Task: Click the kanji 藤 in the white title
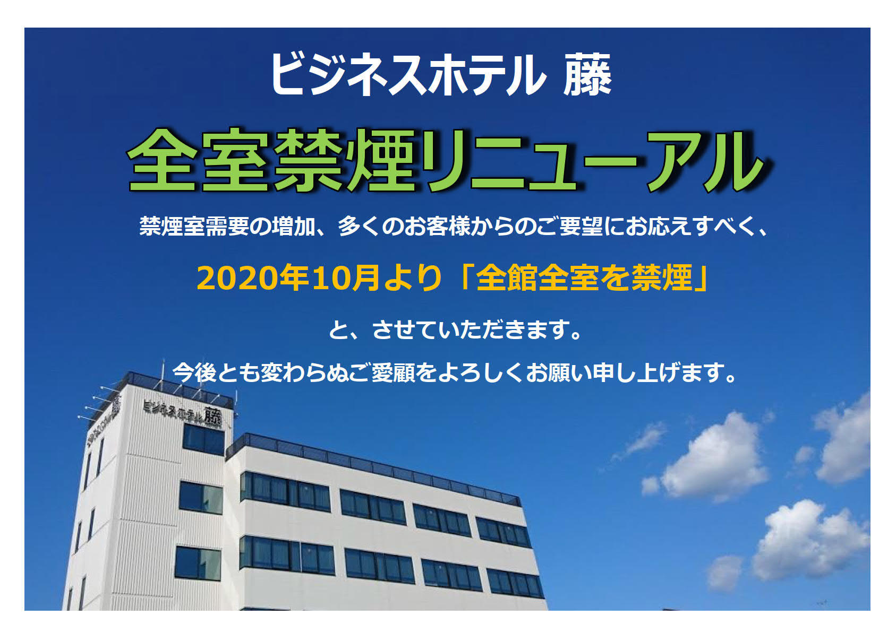(x=587, y=75)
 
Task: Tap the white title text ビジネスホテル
(x=408, y=75)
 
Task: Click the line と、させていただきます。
(x=455, y=330)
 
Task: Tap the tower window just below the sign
(x=203, y=439)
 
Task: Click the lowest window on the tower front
(x=198, y=563)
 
